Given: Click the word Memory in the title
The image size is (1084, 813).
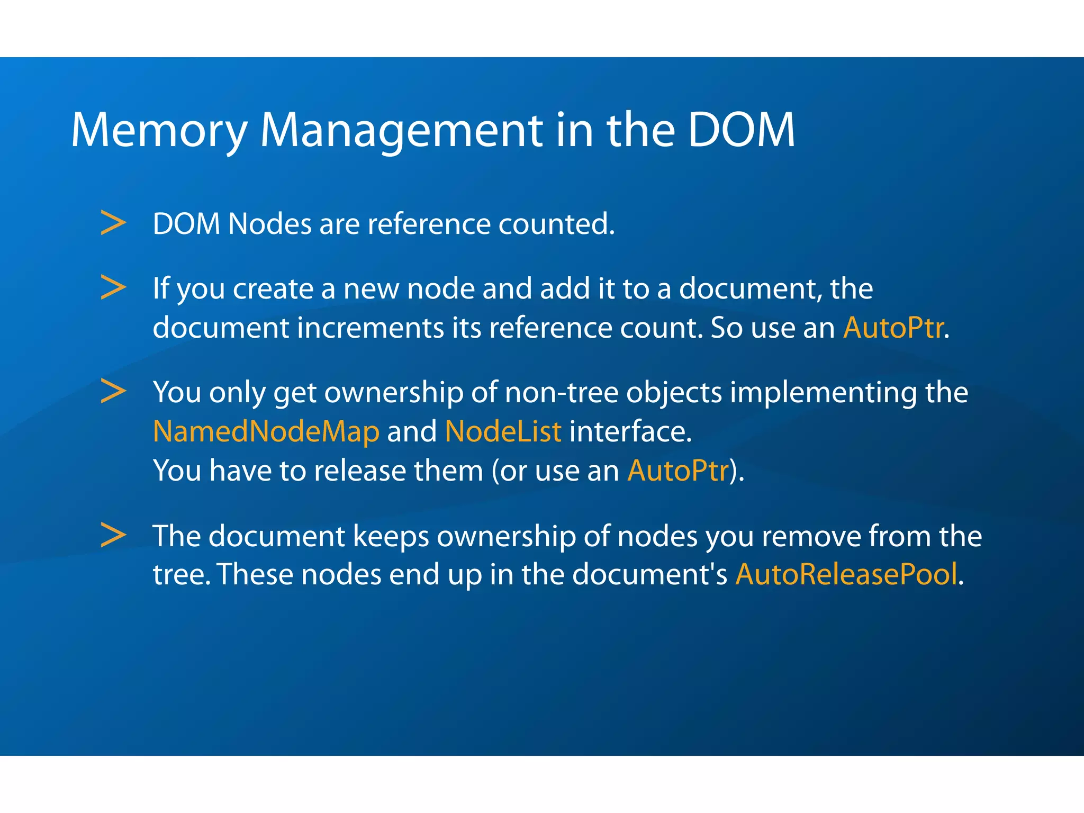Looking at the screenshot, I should click(159, 130).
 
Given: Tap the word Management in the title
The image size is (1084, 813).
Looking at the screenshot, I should click(401, 130).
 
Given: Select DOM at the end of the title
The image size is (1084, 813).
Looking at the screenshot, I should click(741, 130).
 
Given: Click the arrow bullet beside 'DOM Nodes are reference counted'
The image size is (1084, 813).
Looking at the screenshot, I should click(113, 223).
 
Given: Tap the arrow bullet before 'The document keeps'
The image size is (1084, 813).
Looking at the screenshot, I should click(113, 535).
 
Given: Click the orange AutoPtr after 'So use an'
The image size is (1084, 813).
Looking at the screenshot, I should click(893, 328).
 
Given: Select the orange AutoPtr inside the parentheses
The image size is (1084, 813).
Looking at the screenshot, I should click(678, 471).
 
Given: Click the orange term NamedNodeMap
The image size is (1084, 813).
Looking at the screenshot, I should click(266, 431).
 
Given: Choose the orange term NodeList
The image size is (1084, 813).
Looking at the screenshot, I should click(503, 431).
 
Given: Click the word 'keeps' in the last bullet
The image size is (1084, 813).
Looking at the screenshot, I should click(391, 537).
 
